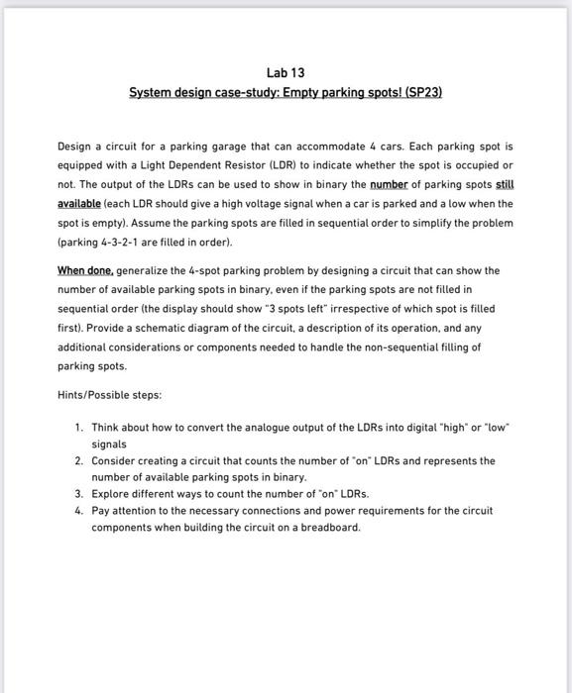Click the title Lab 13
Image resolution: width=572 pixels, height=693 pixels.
tap(286, 72)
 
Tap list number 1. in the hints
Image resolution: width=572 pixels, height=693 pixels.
tap(78, 427)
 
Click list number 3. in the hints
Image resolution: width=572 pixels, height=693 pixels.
tap(78, 492)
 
